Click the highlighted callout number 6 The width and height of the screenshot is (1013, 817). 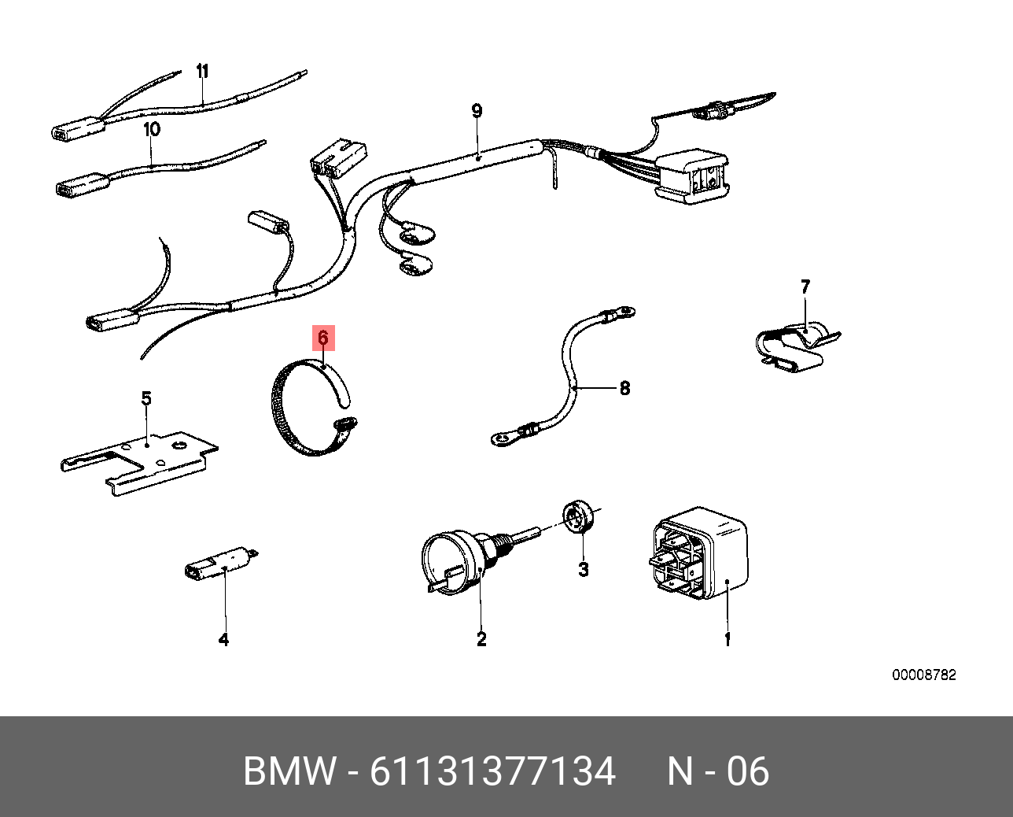323,338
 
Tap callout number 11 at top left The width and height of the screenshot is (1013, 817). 202,72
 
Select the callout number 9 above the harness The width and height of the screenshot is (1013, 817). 477,111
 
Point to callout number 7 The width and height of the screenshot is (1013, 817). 805,287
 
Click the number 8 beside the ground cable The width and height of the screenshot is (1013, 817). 624,388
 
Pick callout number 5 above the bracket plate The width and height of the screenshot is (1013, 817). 146,398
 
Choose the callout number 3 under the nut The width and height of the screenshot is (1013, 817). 583,569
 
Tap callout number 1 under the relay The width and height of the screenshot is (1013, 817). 728,640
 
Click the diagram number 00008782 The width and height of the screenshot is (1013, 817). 923,675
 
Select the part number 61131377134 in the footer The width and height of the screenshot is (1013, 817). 492,771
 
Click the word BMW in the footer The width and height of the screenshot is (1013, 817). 289,771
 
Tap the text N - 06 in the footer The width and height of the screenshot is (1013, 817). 718,771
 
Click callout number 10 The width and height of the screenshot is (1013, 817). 151,128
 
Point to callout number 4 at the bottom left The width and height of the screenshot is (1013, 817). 223,640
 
